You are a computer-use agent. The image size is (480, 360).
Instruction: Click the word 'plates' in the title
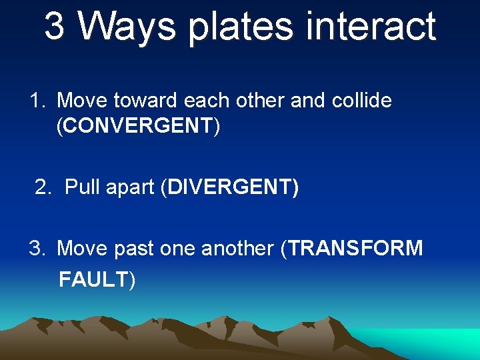tap(241, 27)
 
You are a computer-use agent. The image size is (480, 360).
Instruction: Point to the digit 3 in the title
tap(55, 27)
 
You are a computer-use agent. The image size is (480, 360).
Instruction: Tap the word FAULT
tap(93, 279)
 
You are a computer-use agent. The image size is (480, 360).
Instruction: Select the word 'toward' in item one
tap(145, 101)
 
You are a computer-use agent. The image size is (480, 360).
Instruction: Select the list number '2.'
tap(43, 188)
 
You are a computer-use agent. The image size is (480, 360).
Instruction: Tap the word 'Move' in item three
tap(83, 249)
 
